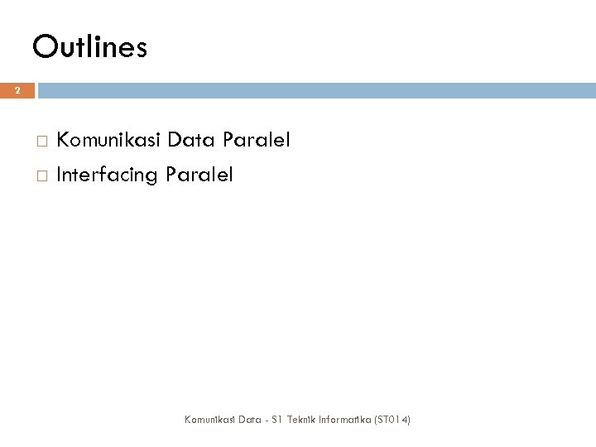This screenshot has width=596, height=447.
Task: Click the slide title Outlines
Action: tap(90, 47)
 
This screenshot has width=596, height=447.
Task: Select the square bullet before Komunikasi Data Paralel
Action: tap(42, 142)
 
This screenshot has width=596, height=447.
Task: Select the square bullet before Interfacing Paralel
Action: tap(42, 175)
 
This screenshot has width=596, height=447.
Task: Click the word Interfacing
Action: tap(108, 175)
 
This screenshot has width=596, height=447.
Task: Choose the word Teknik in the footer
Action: tap(291, 420)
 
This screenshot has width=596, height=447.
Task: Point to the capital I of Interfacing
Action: tap(59, 175)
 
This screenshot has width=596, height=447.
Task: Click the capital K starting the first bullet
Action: tap(63, 142)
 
